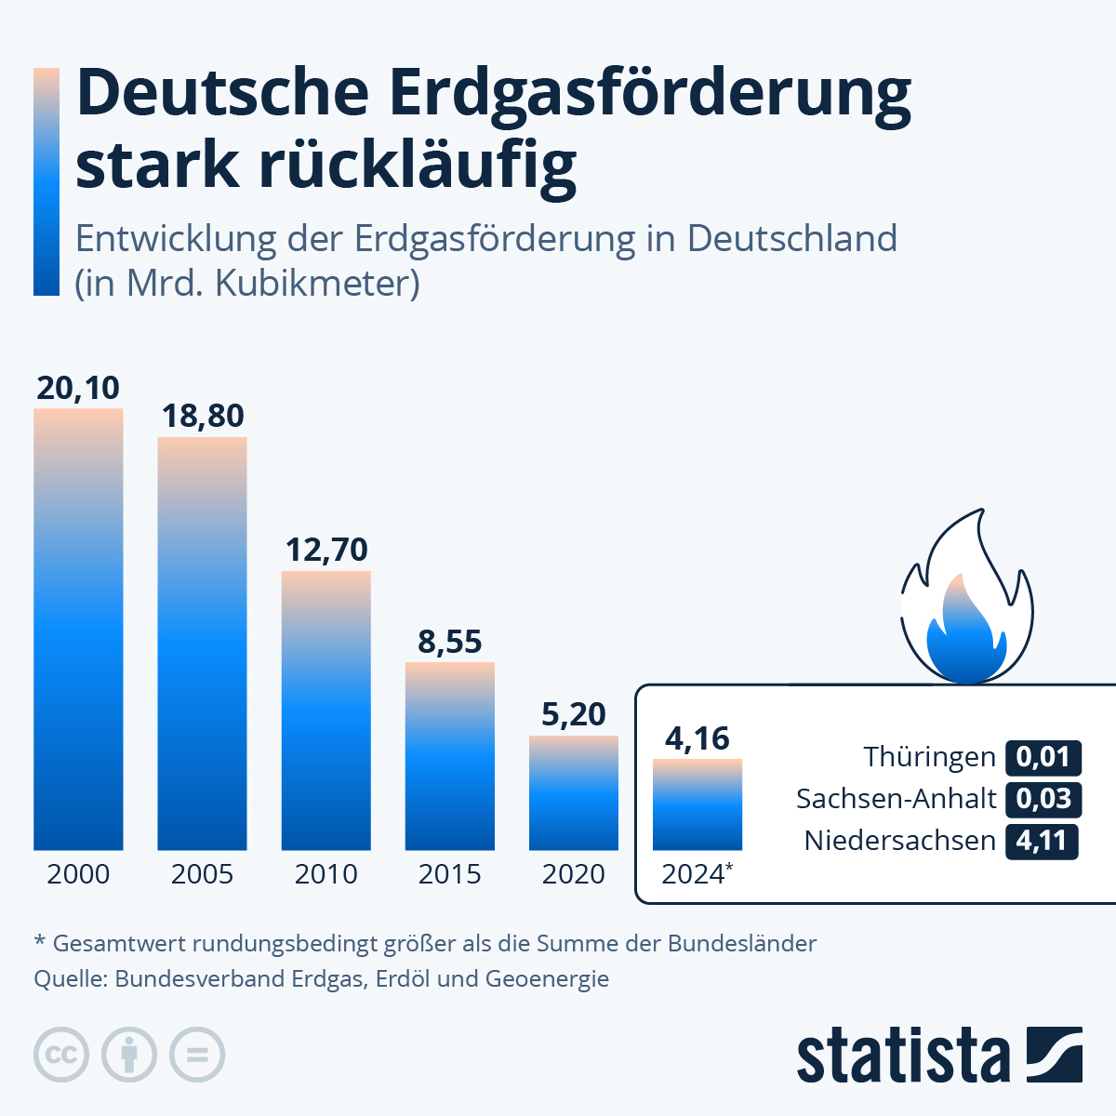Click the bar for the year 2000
[x=78, y=630]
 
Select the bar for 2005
[x=202, y=644]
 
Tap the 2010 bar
[x=326, y=711]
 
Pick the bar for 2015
[x=450, y=756]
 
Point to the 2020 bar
[x=574, y=792]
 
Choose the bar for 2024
[x=697, y=804]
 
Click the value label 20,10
[x=78, y=388]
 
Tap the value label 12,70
[x=326, y=550]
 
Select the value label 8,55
[x=450, y=642]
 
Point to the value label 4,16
[x=697, y=738]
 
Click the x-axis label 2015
[x=450, y=874]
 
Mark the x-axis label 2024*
[x=697, y=874]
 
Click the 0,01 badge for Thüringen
[x=1043, y=757]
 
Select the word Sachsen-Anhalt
[x=896, y=799]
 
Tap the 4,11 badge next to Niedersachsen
[x=1042, y=841]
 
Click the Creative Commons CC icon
[x=61, y=1056]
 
